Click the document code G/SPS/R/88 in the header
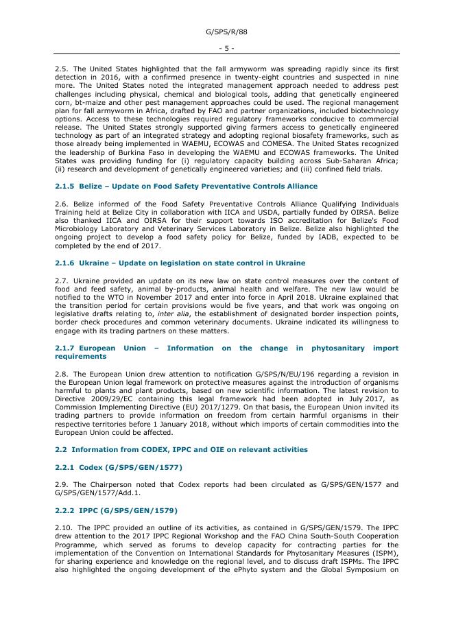tap(226, 32)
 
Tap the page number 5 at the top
tap(226, 48)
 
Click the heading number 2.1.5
tap(65, 187)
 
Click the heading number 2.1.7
tap(65, 348)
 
